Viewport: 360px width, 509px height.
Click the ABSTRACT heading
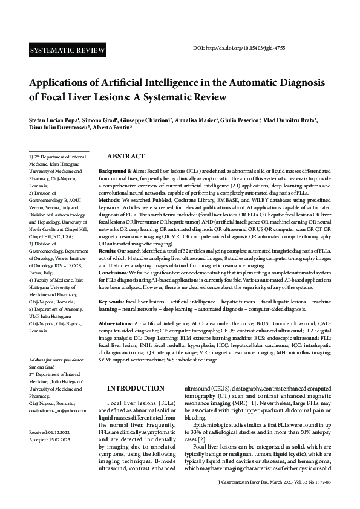(x=126, y=156)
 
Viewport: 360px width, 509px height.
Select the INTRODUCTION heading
(x=136, y=388)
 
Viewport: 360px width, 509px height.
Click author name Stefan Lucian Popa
(x=55, y=120)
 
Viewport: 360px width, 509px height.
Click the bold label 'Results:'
(x=110, y=250)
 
